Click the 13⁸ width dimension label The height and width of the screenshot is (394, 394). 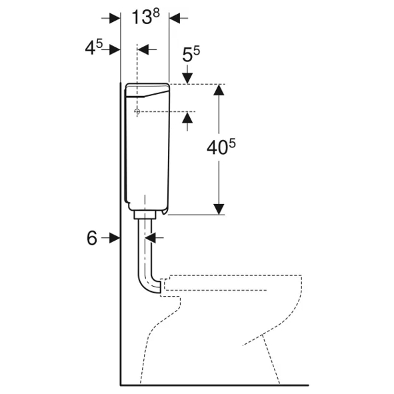146,17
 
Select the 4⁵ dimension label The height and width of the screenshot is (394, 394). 94,47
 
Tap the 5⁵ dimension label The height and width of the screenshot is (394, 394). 191,54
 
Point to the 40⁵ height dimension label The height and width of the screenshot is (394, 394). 221,147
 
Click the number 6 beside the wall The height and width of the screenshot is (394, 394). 92,238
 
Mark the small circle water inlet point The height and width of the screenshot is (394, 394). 137,111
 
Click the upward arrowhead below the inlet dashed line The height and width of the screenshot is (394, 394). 187,118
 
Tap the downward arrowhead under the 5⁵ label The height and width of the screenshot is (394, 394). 187,78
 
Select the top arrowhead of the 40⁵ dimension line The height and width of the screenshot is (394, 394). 219,90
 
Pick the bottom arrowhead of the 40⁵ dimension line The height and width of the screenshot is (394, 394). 219,209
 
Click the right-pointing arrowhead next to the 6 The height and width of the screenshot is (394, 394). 115,238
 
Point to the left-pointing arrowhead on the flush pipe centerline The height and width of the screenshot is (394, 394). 151,237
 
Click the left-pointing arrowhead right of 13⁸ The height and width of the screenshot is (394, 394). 175,18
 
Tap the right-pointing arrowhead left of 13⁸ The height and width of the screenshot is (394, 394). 115,18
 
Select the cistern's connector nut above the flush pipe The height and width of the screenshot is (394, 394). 145,215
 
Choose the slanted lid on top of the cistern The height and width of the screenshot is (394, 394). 147,90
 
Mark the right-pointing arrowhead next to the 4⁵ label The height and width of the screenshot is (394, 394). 115,49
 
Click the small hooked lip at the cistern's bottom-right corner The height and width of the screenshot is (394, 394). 165,211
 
